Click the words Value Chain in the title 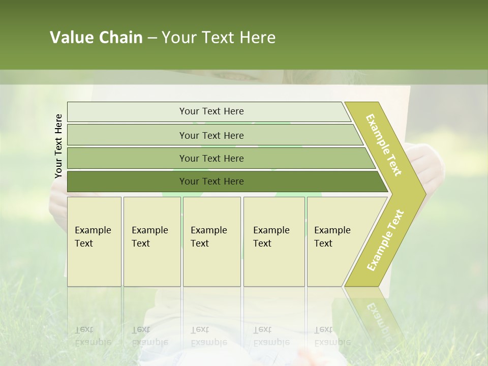[96, 38]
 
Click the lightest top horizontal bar [127, 112]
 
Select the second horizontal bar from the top [127, 135]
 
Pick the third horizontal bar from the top [127, 158]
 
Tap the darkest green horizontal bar [127, 181]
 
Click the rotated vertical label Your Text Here [58, 146]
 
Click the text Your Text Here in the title [219, 38]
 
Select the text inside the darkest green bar [211, 181]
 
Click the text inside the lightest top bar [211, 111]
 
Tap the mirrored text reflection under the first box [93, 335]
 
